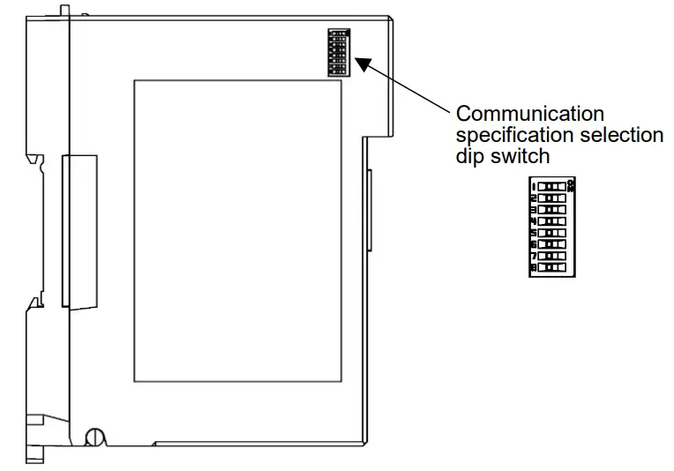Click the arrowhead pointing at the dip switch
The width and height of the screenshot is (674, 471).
(363, 64)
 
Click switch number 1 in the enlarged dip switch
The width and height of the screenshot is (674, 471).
(552, 187)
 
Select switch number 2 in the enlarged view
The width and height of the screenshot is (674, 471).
(552, 198)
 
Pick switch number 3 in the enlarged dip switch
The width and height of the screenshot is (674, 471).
(552, 210)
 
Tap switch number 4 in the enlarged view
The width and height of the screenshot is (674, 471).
(552, 221)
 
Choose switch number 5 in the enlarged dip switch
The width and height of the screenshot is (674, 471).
(552, 232)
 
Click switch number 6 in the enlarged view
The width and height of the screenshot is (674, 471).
(552, 243)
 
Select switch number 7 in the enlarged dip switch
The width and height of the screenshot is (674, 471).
(552, 254)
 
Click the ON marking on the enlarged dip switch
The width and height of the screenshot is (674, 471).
(572, 184)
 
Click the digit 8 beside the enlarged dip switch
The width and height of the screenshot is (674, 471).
(534, 265)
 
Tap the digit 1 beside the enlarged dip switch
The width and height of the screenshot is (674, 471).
(534, 187)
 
